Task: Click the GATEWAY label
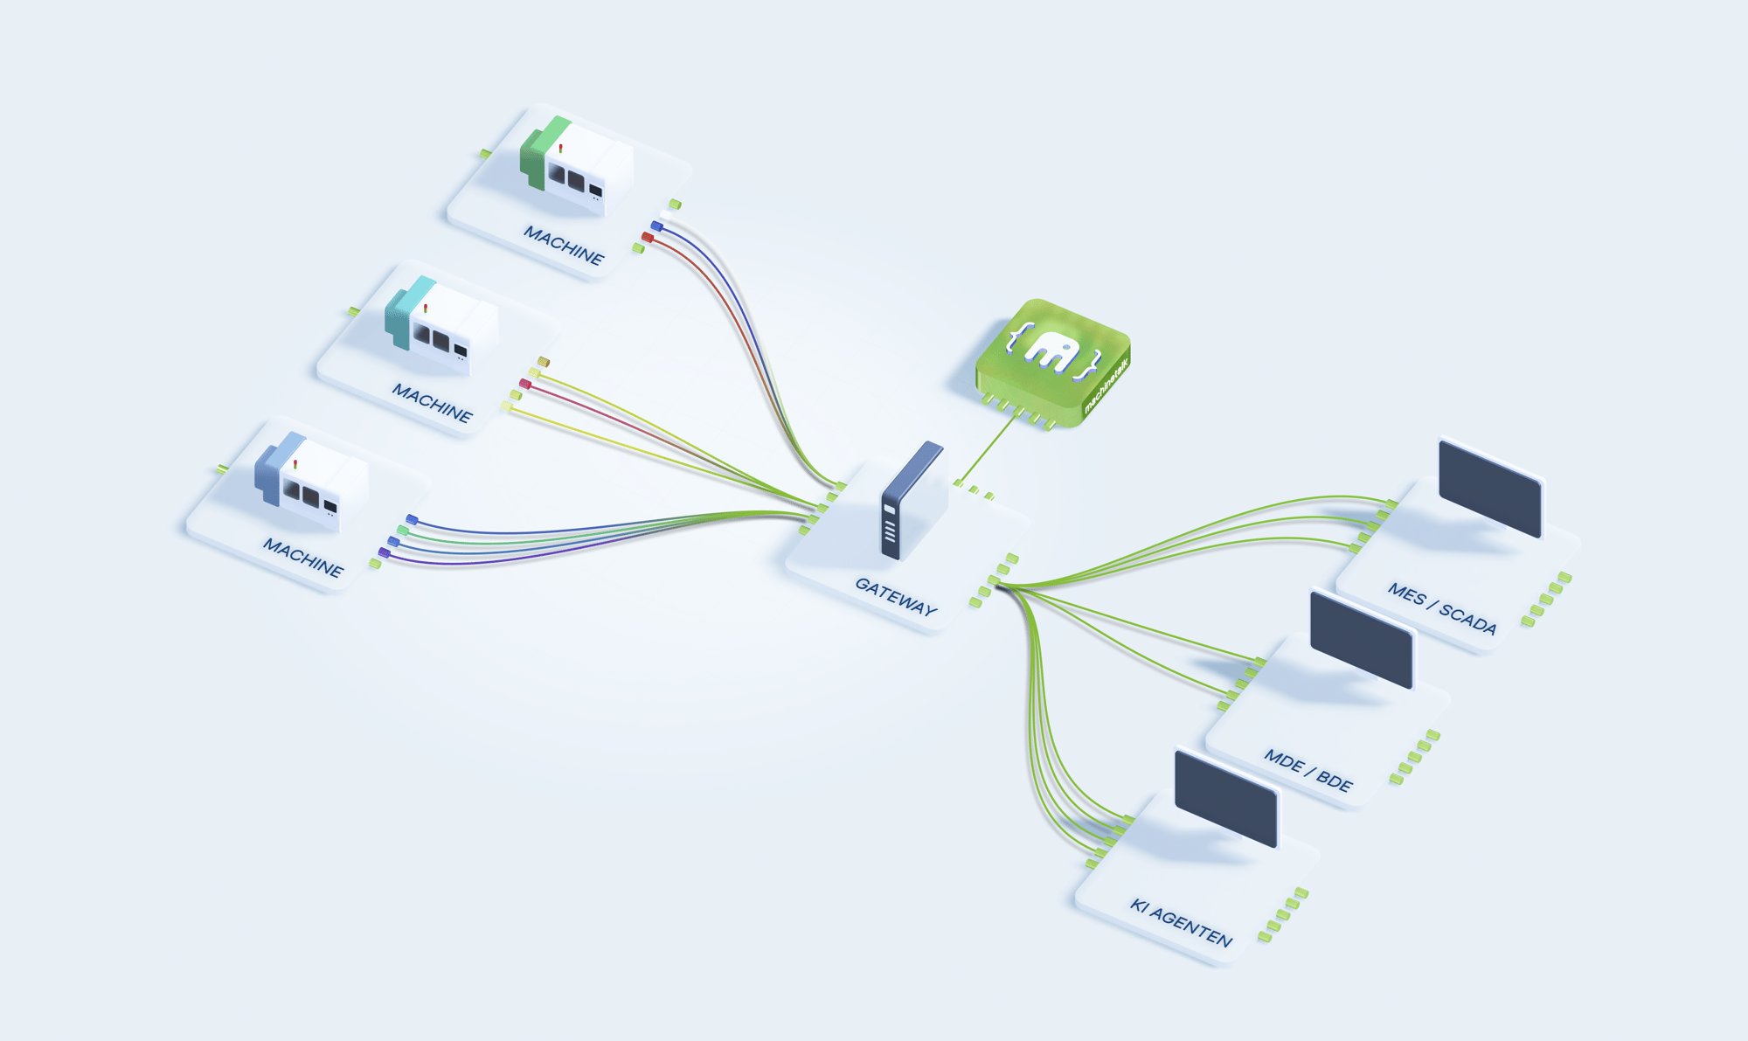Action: [896, 597]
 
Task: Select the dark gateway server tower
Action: [912, 499]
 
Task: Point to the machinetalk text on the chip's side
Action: [1106, 385]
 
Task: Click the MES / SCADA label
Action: [1442, 607]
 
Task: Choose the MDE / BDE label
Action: [1308, 770]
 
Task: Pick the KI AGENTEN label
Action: [1181, 922]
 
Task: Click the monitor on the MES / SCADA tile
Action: [1489, 489]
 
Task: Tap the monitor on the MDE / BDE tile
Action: [1362, 640]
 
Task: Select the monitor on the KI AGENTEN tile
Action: [1226, 798]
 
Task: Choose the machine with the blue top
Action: [309, 482]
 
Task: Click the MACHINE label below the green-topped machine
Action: [564, 245]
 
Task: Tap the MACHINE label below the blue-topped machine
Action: [303, 557]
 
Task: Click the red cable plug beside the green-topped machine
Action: [648, 237]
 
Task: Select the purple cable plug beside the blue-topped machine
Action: [384, 552]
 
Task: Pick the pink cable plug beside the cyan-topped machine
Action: [525, 384]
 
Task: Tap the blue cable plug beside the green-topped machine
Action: [656, 226]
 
